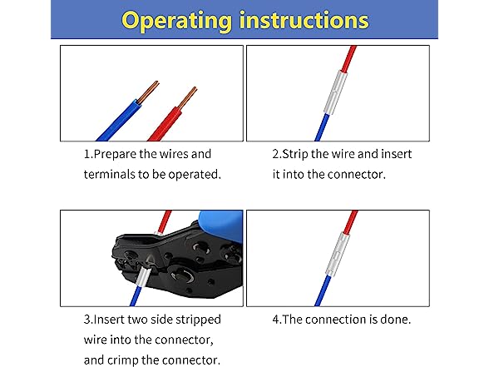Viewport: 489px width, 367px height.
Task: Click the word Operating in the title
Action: coord(176,22)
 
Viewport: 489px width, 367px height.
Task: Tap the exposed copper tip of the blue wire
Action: coord(148,92)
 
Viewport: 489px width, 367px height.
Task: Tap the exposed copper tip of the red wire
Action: coord(187,98)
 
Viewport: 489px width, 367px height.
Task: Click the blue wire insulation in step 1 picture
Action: coord(118,122)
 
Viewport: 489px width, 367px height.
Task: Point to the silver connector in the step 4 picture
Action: coord(336,255)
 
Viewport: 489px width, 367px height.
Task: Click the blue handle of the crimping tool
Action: coord(221,224)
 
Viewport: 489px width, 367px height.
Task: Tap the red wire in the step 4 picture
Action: coord(350,223)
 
